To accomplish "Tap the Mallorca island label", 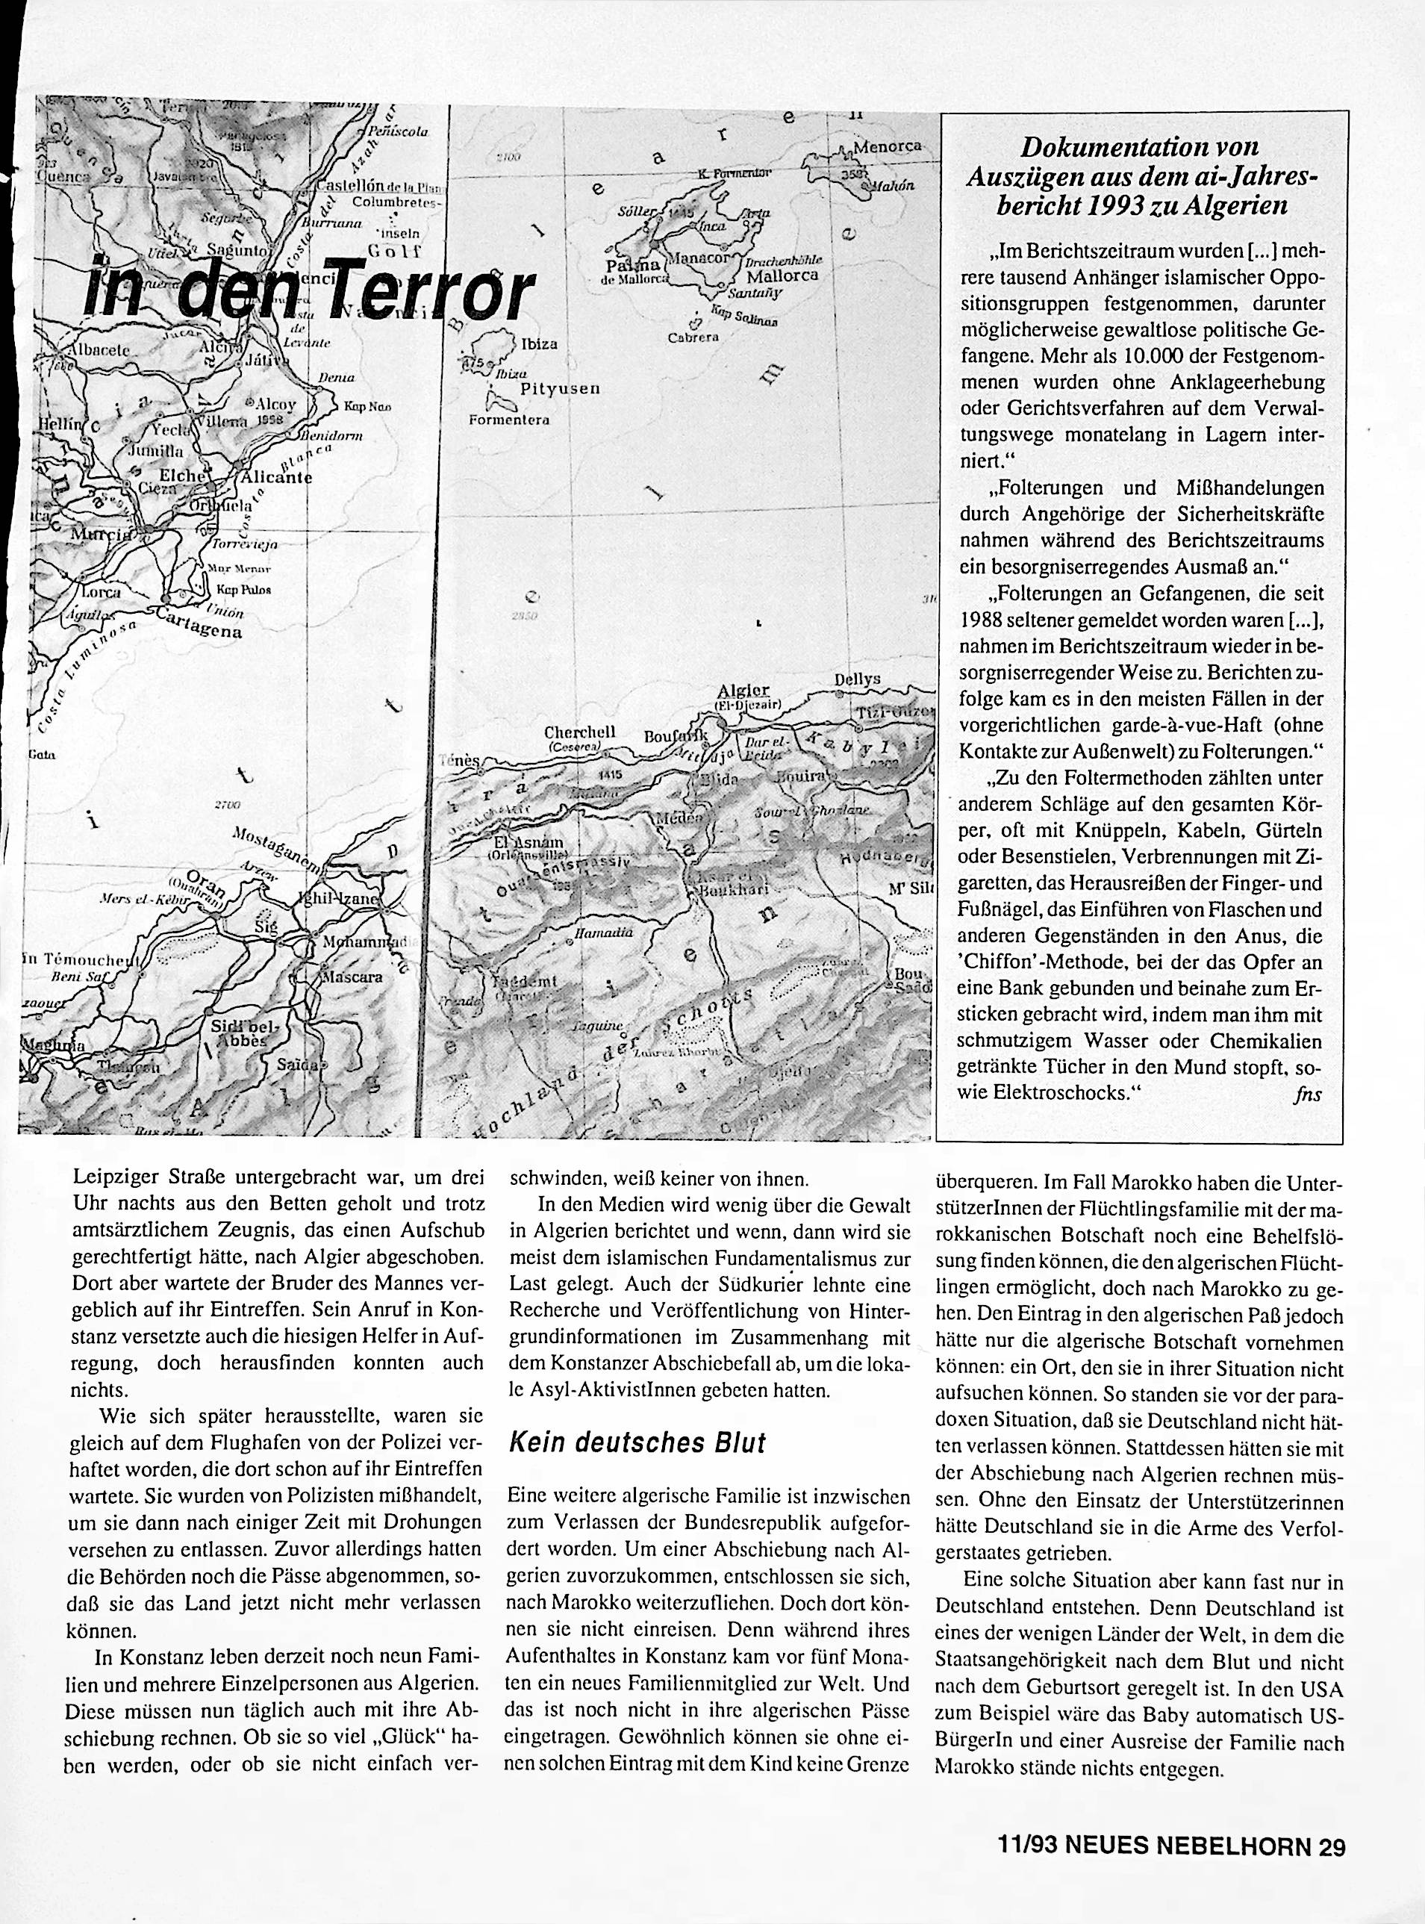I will point(782,276).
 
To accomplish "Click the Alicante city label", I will point(277,477).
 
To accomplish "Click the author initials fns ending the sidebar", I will point(1308,1093).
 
